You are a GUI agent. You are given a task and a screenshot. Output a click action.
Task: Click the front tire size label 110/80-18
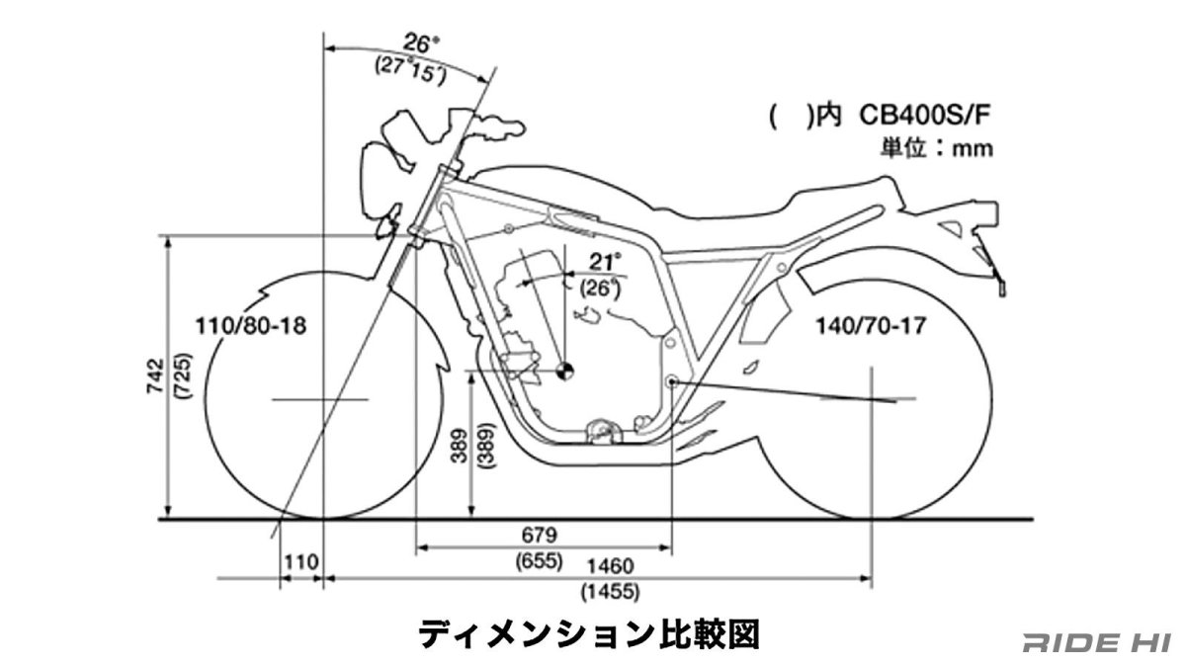point(251,325)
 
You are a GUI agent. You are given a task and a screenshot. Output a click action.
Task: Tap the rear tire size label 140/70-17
point(871,325)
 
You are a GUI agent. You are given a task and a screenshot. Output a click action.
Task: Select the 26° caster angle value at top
point(421,43)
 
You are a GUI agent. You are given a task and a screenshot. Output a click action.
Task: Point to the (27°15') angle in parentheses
point(410,70)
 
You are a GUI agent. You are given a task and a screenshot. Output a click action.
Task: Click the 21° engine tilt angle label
point(605,262)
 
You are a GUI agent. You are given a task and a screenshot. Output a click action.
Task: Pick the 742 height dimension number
point(156,375)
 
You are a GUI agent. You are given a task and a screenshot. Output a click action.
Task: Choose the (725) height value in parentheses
point(183,375)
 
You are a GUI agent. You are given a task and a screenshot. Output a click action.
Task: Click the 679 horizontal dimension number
point(540,535)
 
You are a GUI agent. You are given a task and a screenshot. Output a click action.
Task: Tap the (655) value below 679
point(540,561)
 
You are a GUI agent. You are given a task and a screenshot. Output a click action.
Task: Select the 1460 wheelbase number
point(610,566)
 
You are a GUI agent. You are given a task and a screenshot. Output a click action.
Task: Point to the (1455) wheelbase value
point(610,591)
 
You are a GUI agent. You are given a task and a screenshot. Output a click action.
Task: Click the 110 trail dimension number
point(301,561)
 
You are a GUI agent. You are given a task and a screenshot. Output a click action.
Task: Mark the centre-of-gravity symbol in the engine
point(564,372)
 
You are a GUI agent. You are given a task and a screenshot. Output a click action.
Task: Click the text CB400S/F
point(924,116)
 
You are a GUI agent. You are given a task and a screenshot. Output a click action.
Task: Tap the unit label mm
point(973,149)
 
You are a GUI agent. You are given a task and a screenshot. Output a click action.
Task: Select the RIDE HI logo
point(1097,642)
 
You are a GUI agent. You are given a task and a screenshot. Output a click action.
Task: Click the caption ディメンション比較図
point(589,634)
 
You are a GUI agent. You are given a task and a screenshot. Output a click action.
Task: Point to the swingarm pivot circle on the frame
point(671,381)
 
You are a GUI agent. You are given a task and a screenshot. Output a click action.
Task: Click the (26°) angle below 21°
point(600,288)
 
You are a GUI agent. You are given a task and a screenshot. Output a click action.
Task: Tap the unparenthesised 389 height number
point(460,446)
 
